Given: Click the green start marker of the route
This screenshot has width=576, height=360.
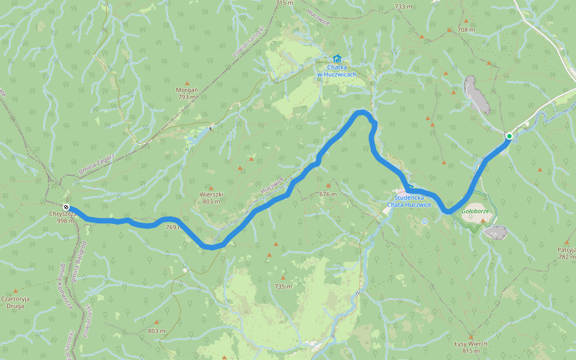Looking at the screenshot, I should pyautogui.click(x=509, y=136).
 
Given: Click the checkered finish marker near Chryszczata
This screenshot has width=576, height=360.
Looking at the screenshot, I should pyautogui.click(x=66, y=207).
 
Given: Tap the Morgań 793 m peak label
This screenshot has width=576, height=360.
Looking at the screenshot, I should pyautogui.click(x=187, y=93).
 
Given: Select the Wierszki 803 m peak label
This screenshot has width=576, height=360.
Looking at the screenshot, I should pyautogui.click(x=211, y=198).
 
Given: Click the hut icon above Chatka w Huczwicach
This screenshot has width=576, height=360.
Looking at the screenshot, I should pyautogui.click(x=337, y=59).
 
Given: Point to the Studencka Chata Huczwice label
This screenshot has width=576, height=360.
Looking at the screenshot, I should pyautogui.click(x=409, y=201).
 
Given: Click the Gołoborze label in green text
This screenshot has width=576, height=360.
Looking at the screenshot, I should pyautogui.click(x=474, y=211).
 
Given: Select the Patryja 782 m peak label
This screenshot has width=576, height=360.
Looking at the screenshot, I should pyautogui.click(x=566, y=253).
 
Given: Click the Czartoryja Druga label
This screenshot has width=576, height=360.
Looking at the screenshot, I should pyautogui.click(x=15, y=301).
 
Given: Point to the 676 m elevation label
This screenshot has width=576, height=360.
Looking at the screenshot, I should pyautogui.click(x=328, y=194).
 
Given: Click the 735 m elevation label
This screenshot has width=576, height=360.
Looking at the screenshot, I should pyautogui.click(x=283, y=286).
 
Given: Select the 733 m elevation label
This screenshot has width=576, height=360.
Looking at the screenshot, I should pyautogui.click(x=403, y=7).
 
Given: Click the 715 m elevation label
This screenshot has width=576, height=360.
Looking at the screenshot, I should pyautogui.click(x=284, y=3).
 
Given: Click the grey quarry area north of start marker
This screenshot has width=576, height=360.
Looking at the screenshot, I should pyautogui.click(x=478, y=95).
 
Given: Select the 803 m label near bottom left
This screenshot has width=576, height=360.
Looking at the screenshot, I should pyautogui.click(x=156, y=331).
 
